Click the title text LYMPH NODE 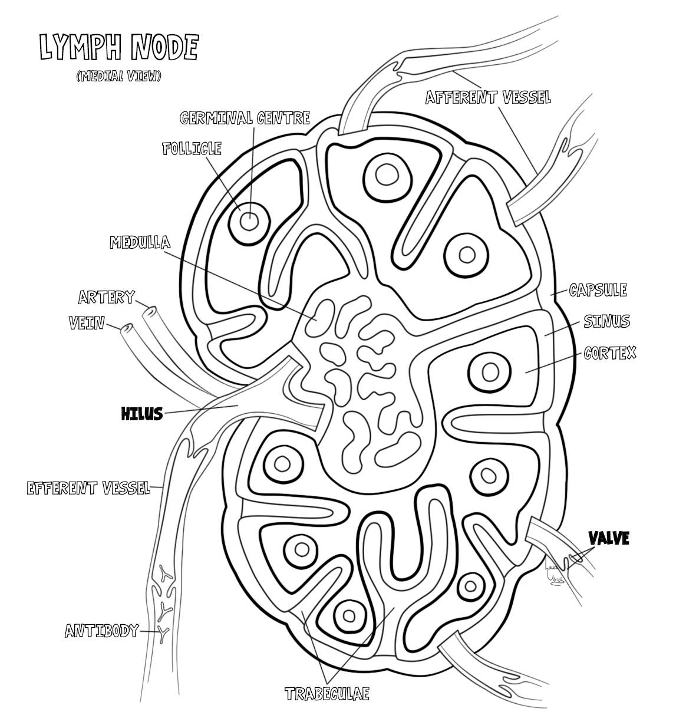[118, 48]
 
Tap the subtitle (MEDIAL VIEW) [118, 76]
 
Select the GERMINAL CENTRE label [245, 118]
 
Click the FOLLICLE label [192, 148]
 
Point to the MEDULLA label [140, 242]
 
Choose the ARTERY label [107, 297]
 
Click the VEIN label [87, 323]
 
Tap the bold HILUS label [141, 414]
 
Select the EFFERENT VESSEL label [88, 488]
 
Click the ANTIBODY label [101, 631]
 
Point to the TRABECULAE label [327, 694]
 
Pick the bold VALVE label [609, 538]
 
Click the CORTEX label [610, 353]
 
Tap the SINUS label [606, 321]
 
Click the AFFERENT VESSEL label [488, 97]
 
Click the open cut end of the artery [151, 311]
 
